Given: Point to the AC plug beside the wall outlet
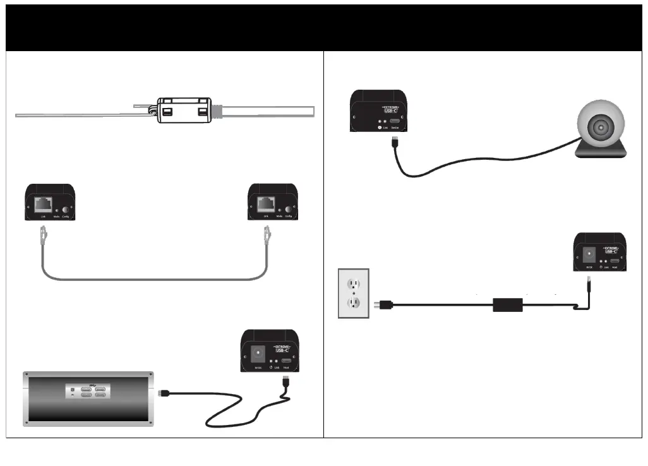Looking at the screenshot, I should [x=385, y=306].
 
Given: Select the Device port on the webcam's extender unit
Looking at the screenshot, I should [x=395, y=121].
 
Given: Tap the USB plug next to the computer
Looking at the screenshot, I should [x=163, y=392].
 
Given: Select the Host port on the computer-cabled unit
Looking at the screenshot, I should [x=286, y=362].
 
